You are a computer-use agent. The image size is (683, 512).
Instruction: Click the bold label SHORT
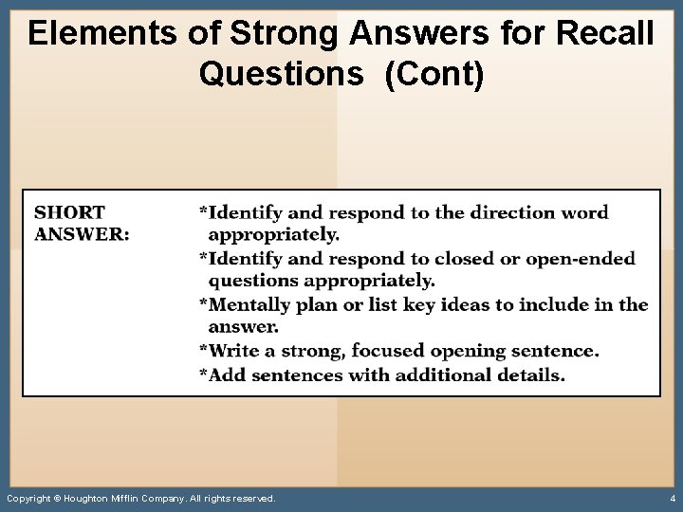click(x=70, y=212)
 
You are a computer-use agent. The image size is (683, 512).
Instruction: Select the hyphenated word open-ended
click(x=581, y=259)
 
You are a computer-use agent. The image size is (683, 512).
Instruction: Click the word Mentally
click(x=250, y=304)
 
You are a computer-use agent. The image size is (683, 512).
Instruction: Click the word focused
click(x=389, y=351)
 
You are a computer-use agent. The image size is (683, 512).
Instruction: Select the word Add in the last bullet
click(x=227, y=375)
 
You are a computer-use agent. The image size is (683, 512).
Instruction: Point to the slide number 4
click(x=672, y=498)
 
